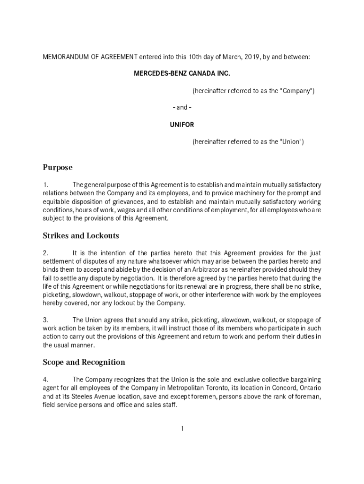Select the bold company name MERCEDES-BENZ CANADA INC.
click(182, 74)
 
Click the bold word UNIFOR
click(182, 125)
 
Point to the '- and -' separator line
click(182, 108)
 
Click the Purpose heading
click(58, 167)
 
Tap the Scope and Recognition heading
click(84, 362)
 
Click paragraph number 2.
click(45, 253)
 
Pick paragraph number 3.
click(45, 320)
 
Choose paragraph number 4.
click(45, 380)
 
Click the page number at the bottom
click(182, 429)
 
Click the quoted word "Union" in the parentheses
click(290, 142)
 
